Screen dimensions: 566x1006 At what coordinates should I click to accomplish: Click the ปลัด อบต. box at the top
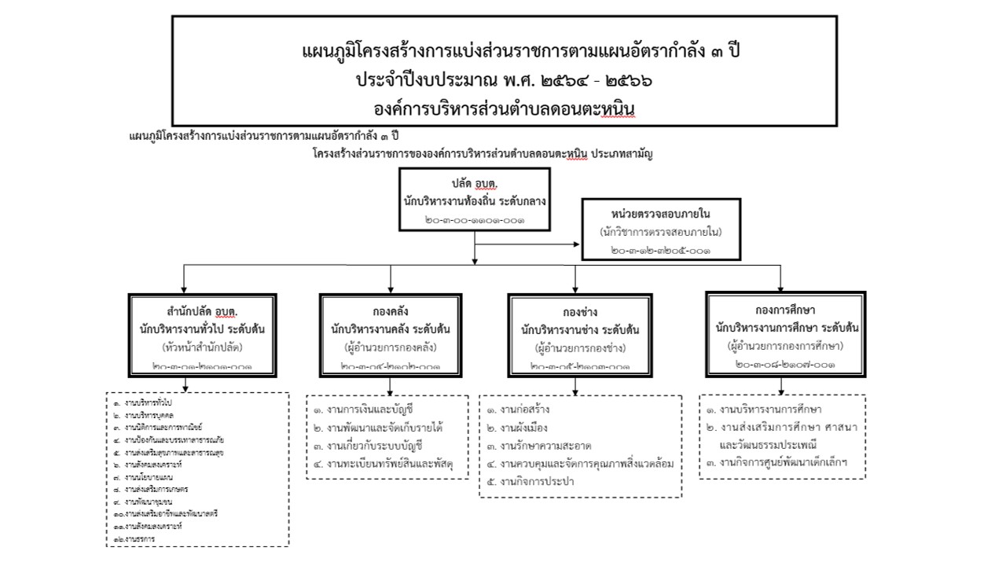pyautogui.click(x=473, y=200)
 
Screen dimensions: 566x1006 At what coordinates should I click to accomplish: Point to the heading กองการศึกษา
pyautogui.click(x=784, y=309)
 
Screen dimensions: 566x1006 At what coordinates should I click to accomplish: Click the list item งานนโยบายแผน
pyautogui.click(x=146, y=477)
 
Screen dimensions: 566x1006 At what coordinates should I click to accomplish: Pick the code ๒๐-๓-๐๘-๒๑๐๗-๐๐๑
pyautogui.click(x=784, y=365)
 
